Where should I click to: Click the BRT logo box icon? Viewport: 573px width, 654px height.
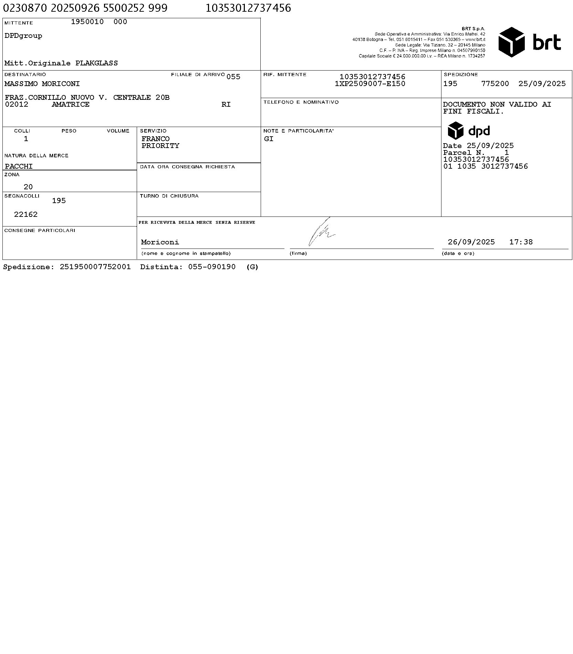(511, 42)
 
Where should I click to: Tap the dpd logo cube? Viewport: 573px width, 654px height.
(455, 130)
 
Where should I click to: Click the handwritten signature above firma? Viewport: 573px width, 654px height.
(321, 232)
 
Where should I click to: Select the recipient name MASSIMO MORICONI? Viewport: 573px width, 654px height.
(42, 84)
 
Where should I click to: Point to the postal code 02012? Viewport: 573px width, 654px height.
(17, 105)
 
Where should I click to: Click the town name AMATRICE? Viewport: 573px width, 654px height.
(71, 105)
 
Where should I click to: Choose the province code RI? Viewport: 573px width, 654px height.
(226, 105)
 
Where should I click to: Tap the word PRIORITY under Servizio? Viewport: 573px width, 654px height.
(160, 146)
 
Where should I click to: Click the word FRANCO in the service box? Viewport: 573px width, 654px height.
(156, 139)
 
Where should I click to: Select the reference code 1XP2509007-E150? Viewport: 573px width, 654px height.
(370, 84)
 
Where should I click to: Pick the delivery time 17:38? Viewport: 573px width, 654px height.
(521, 242)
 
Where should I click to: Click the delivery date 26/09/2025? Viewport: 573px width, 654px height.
(471, 242)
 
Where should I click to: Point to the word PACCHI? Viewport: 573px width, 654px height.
(19, 167)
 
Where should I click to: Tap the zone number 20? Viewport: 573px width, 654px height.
(28, 187)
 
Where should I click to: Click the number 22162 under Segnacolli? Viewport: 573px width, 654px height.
(26, 215)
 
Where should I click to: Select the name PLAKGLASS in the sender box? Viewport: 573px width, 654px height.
(96, 63)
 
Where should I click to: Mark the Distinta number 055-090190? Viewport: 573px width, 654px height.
(212, 267)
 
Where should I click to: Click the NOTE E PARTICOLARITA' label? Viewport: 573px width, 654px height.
(298, 131)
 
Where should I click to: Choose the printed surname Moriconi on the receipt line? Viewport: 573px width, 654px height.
(160, 242)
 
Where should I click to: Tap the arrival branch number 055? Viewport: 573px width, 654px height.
(233, 77)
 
